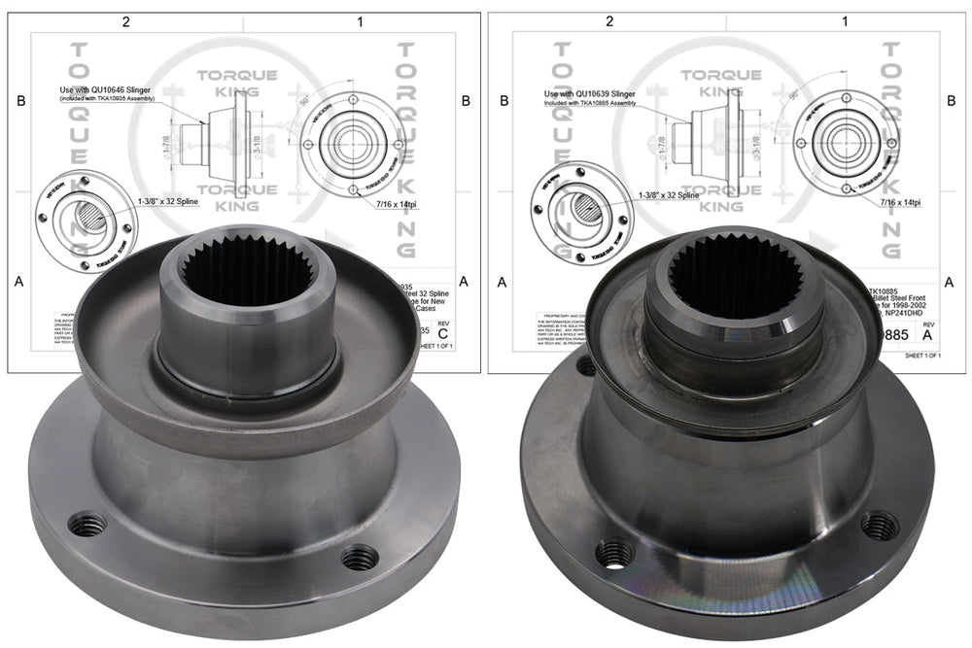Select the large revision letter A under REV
(x=926, y=335)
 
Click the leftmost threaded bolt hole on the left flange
(x=88, y=525)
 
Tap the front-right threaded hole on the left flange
(x=360, y=558)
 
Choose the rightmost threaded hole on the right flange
(x=880, y=526)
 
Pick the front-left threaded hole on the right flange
(x=614, y=555)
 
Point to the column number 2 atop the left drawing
(x=124, y=19)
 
